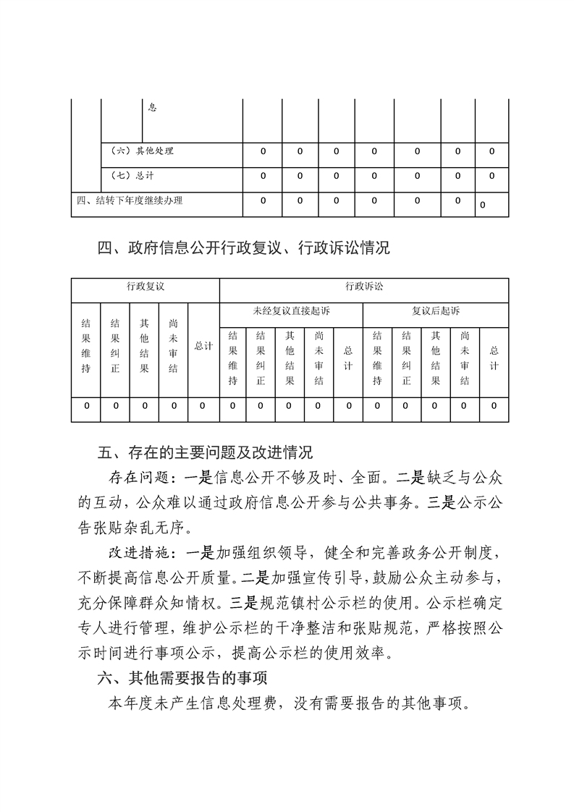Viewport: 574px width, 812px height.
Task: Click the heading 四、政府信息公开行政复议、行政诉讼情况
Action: coord(244,248)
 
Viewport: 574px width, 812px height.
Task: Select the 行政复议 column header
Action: coord(145,287)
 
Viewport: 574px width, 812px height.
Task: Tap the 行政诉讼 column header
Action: coord(364,287)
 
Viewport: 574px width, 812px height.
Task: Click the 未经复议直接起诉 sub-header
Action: coord(290,311)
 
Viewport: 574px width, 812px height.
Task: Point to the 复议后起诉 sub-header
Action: coord(436,311)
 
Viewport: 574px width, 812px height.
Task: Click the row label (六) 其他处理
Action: coord(143,152)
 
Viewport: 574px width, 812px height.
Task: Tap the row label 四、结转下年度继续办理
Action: coord(130,200)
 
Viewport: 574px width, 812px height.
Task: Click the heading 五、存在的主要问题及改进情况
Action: coord(205,454)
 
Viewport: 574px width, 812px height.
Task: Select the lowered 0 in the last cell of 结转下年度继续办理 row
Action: coord(483,206)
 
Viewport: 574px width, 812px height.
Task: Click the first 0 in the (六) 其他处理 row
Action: coord(263,152)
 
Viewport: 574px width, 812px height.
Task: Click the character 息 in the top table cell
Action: coord(152,108)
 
